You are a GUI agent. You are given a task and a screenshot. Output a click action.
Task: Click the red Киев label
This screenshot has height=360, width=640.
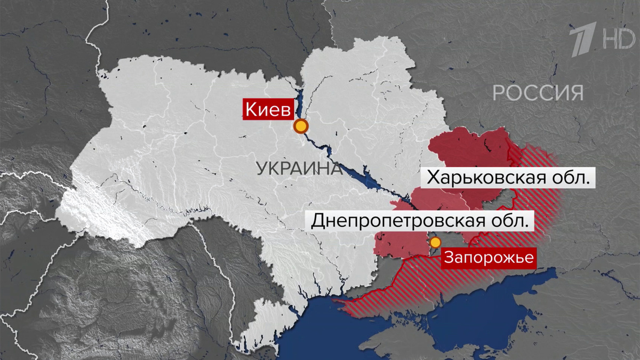pos(268,110)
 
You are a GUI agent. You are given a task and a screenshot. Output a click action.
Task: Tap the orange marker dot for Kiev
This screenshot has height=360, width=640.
pos(301,126)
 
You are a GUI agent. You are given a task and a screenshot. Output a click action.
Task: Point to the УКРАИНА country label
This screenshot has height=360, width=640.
pos(299,169)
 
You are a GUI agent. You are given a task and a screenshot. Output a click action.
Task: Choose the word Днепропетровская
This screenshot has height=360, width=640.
pos(395,220)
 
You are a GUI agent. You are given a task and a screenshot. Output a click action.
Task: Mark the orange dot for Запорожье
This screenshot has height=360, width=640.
pos(435,243)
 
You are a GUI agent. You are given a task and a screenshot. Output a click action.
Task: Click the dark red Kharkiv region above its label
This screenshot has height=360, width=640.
pos(469,149)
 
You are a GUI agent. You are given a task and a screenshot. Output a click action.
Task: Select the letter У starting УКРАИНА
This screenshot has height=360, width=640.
pos(262,169)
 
